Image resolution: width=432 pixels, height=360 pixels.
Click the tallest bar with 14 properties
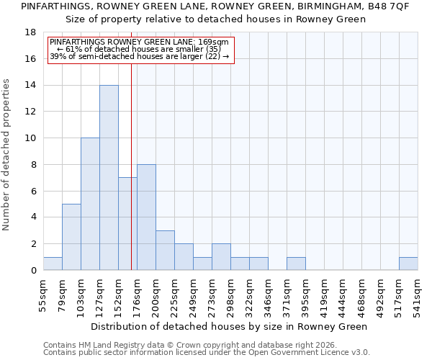coord(109,178)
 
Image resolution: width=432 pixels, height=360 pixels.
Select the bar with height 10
coord(90,204)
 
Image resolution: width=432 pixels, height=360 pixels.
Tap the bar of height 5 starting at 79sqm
coord(71,237)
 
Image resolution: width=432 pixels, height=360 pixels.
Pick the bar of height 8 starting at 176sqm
coord(146,217)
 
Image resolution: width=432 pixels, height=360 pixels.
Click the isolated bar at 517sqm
coord(408,264)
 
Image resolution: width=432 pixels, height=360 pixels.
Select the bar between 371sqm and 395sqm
coord(296,264)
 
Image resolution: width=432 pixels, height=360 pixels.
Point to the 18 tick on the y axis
coord(31,32)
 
